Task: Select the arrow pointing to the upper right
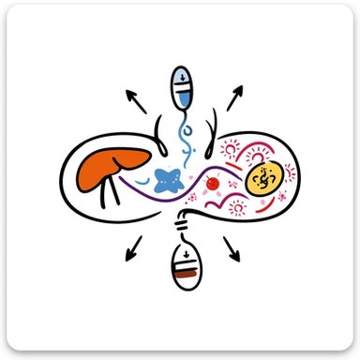[x=234, y=97]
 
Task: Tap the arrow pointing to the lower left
[x=134, y=247]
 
